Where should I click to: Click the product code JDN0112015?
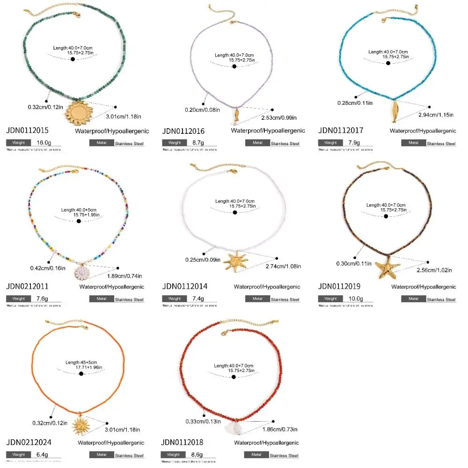pyautogui.click(x=28, y=131)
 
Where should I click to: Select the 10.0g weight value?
pyautogui.click(x=357, y=299)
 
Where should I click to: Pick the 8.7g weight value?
pyautogui.click(x=201, y=143)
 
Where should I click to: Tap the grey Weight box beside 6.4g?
pyautogui.click(x=18, y=454)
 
